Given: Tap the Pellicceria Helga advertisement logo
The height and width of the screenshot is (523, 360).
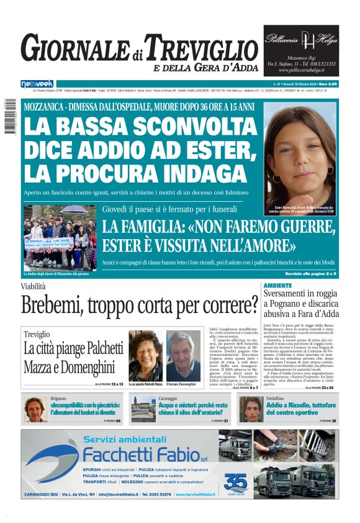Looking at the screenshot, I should (x=301, y=39).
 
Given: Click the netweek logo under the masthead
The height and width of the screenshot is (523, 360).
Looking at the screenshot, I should (x=37, y=83).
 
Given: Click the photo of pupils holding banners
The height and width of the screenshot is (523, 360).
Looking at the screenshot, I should (x=60, y=238).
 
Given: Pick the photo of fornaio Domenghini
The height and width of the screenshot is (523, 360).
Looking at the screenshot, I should (x=184, y=355).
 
